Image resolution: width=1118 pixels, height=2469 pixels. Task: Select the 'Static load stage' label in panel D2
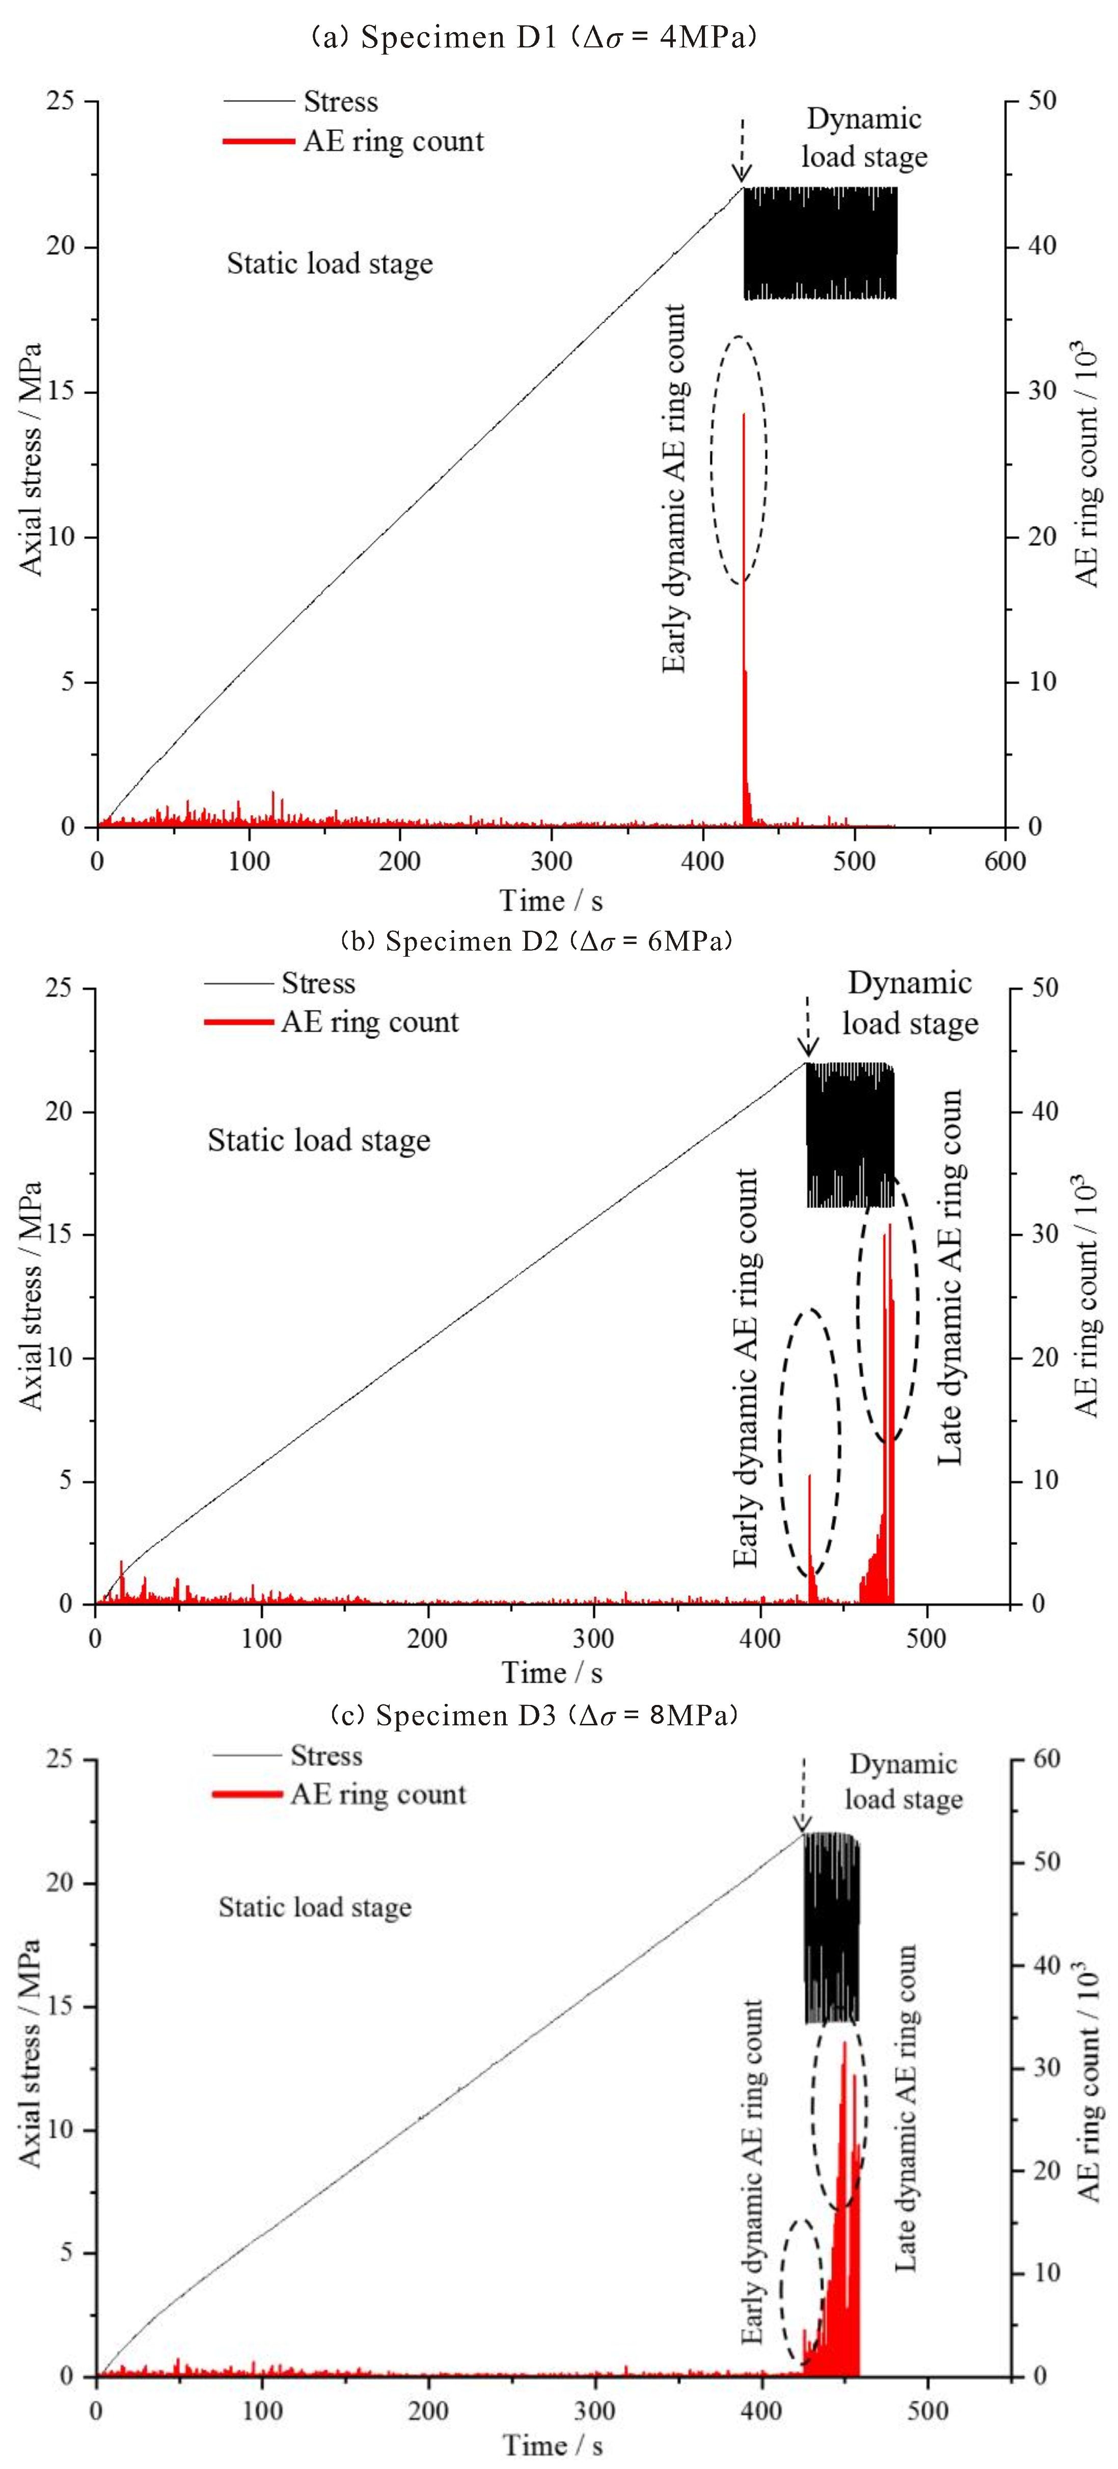pyautogui.click(x=319, y=1141)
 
